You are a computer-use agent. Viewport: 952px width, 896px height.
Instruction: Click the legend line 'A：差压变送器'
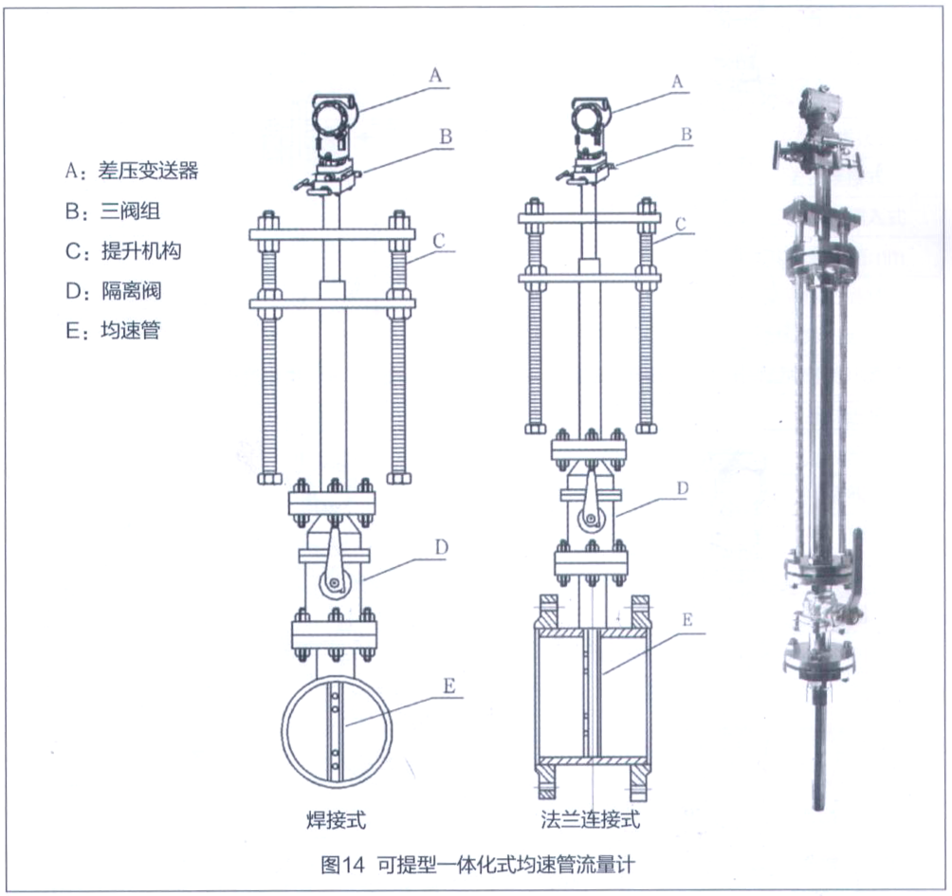(x=132, y=171)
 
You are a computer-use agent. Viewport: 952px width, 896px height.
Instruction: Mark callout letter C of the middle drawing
(x=680, y=224)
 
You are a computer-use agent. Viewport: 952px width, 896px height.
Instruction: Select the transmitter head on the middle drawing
(x=592, y=123)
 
